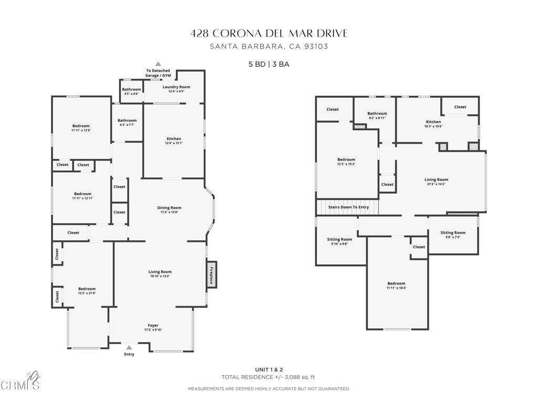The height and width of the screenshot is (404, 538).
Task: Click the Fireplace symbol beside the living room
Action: pos(212,275)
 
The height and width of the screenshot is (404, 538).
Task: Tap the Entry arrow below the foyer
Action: pos(129,347)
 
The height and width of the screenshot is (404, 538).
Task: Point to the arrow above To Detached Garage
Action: pos(158,64)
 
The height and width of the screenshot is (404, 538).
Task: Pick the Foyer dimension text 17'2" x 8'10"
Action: pos(153,330)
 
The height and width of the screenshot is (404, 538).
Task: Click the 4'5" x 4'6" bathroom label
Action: pos(131,92)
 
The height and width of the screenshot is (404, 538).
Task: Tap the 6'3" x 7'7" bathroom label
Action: pos(127,123)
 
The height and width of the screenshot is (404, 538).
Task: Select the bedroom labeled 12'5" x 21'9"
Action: pos(87,291)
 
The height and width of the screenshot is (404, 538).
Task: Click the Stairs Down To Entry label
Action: pos(349,207)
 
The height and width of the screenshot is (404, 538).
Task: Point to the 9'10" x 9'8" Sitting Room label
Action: pos(339,241)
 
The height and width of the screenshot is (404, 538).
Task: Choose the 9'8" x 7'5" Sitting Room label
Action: pos(453,235)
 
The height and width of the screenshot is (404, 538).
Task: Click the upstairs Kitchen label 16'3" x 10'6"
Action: pos(433,124)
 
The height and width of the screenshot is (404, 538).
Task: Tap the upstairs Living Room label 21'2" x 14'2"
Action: pos(436,181)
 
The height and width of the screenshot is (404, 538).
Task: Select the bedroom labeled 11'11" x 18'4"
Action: pos(396,286)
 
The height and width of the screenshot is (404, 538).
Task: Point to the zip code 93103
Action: pos(316,46)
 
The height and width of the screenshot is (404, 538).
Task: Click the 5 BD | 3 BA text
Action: pos(269,64)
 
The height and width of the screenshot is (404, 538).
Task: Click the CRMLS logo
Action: pos(20,383)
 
